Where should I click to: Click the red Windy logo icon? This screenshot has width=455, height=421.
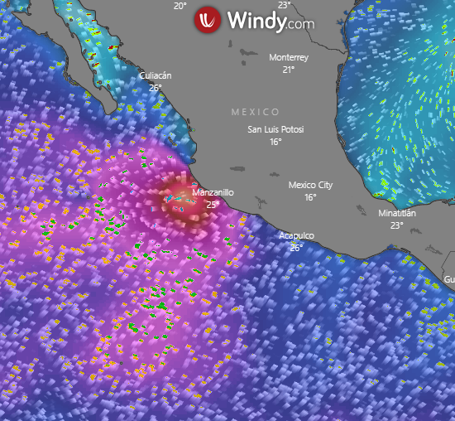pyautogui.click(x=208, y=20)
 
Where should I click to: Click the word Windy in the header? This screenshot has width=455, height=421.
pyautogui.click(x=256, y=20)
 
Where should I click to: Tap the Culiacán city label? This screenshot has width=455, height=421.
pyautogui.click(x=155, y=76)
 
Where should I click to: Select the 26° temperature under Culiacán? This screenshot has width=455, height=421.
pyautogui.click(x=155, y=87)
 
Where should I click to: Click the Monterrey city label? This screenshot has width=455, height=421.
pyautogui.click(x=289, y=58)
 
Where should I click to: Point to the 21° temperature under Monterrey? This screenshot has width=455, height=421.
pyautogui.click(x=289, y=70)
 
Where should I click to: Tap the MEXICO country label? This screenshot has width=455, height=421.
pyautogui.click(x=255, y=112)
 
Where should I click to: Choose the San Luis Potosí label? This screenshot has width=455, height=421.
pyautogui.click(x=276, y=130)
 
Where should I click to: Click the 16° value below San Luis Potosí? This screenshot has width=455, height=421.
pyautogui.click(x=276, y=142)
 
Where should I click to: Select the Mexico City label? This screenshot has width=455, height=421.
pyautogui.click(x=310, y=185)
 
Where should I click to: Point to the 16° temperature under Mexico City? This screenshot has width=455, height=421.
pyautogui.click(x=310, y=196)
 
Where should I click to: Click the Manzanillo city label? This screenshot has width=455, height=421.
pyautogui.click(x=213, y=192)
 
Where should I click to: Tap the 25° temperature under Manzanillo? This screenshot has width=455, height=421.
pyautogui.click(x=212, y=204)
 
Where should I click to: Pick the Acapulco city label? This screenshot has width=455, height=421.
pyautogui.click(x=296, y=236)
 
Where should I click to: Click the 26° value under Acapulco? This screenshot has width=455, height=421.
pyautogui.click(x=296, y=247)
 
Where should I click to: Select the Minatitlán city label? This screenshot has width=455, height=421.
pyautogui.click(x=397, y=213)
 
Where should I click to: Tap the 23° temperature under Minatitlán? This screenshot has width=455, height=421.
pyautogui.click(x=397, y=225)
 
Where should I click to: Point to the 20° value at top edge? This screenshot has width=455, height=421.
pyautogui.click(x=180, y=5)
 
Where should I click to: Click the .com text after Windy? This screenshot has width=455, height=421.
pyautogui.click(x=301, y=24)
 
